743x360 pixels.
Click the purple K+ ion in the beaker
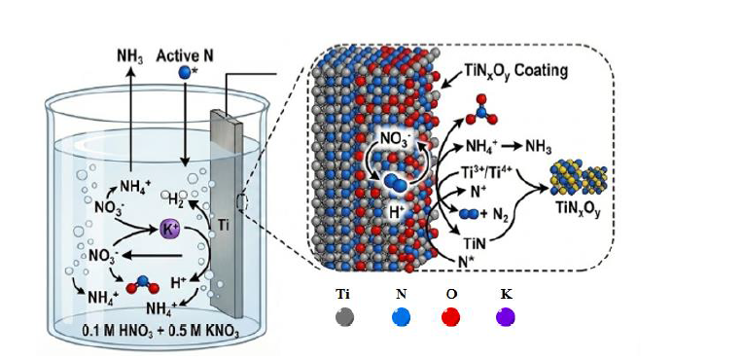pos(170,229)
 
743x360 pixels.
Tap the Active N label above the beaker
pos(185,56)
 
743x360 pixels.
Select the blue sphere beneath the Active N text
pos(184,73)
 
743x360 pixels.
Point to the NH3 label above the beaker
pos(130,56)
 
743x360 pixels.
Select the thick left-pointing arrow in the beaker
pos(152,256)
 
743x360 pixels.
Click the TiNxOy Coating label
pos(513,73)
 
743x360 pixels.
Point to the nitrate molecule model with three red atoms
pos(482,111)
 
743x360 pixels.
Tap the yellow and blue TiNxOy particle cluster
pos(578,179)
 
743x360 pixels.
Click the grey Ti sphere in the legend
pos(344,316)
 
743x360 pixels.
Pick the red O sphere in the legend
pos(450,316)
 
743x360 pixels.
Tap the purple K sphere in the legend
pos(506,316)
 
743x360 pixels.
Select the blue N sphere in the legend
pos(401,316)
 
